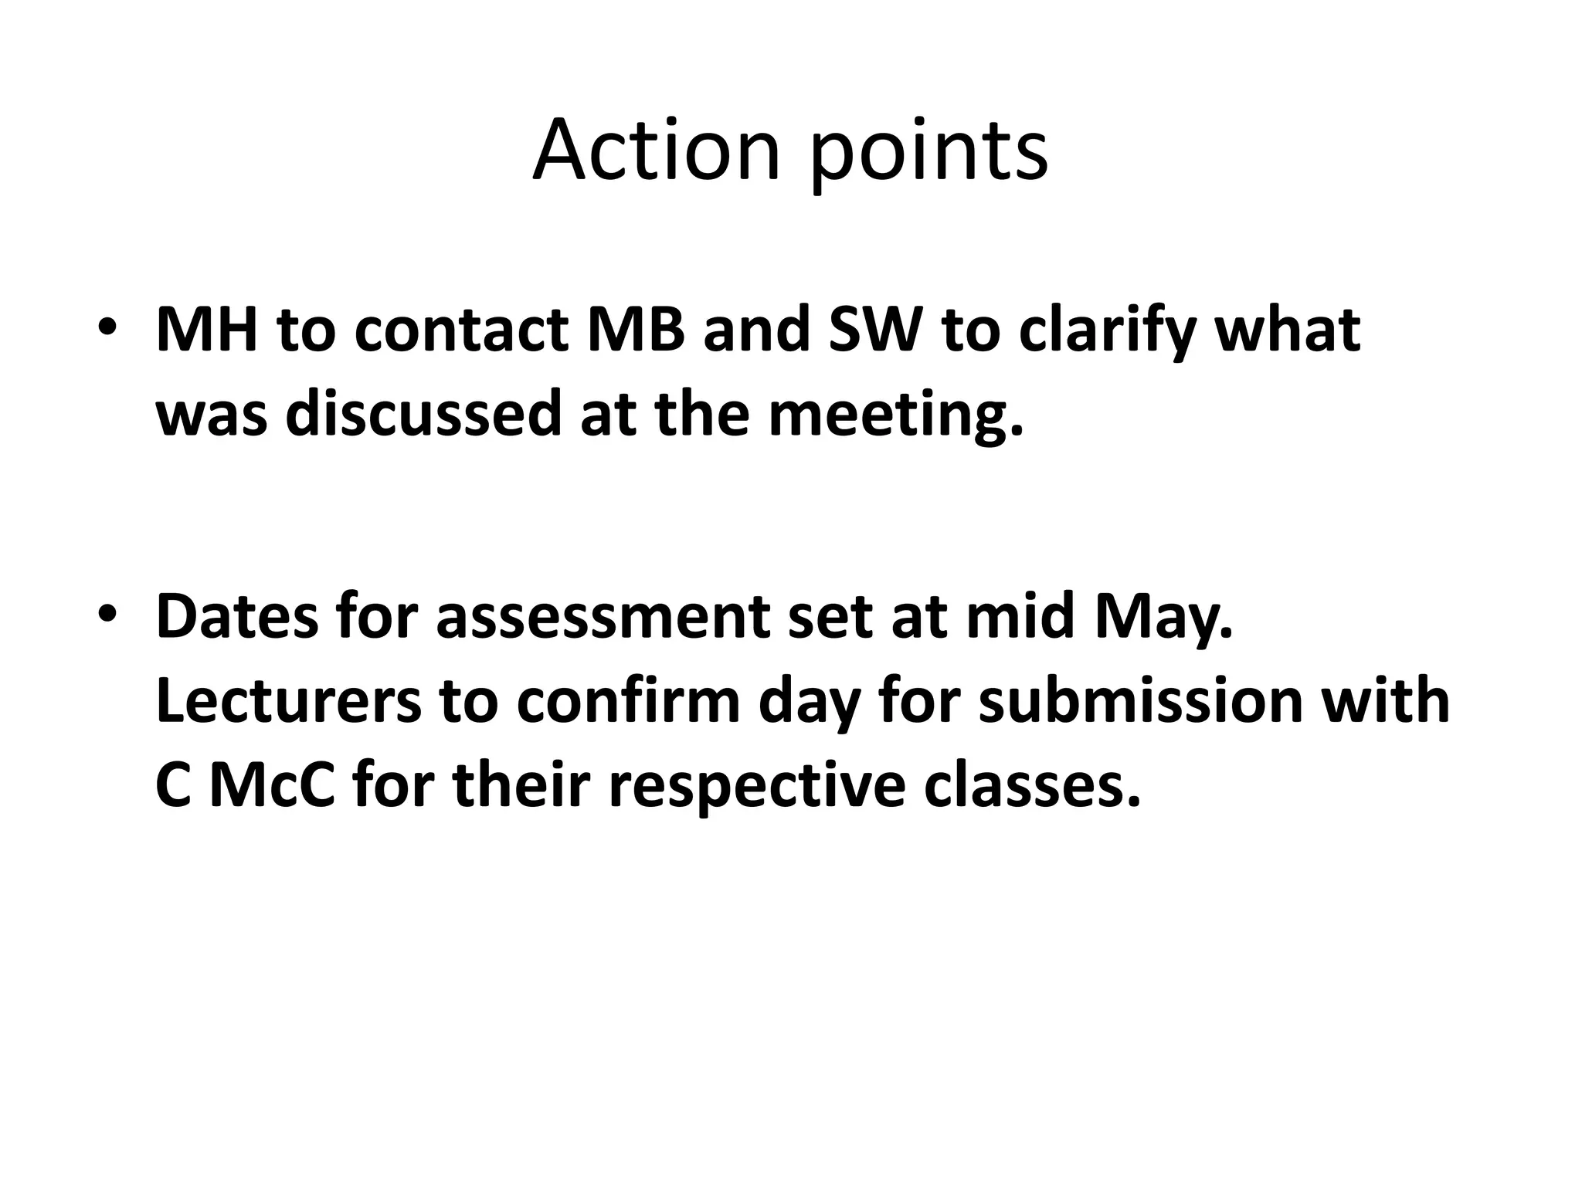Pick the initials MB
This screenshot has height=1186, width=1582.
point(636,330)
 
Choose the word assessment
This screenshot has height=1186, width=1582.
point(603,618)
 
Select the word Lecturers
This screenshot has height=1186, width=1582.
point(288,701)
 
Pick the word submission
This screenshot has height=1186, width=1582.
point(1140,701)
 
